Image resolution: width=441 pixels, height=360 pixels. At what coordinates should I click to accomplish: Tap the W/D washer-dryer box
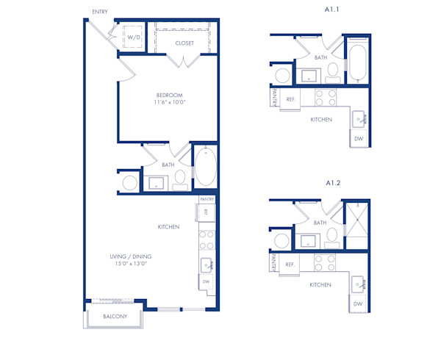134,37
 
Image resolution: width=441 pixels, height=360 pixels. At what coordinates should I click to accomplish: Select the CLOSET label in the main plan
184,43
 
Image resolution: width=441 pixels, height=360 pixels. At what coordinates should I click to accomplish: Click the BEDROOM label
169,96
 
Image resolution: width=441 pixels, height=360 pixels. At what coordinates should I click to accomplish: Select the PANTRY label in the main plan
207,199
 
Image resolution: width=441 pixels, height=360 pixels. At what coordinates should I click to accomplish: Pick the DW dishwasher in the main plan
206,281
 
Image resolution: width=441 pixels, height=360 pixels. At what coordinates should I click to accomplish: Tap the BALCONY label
115,317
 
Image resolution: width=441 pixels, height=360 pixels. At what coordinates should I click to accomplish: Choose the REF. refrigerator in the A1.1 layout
291,98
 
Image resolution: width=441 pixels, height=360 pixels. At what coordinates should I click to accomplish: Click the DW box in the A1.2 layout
358,303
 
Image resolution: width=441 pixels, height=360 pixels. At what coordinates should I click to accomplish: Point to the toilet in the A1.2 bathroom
332,236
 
